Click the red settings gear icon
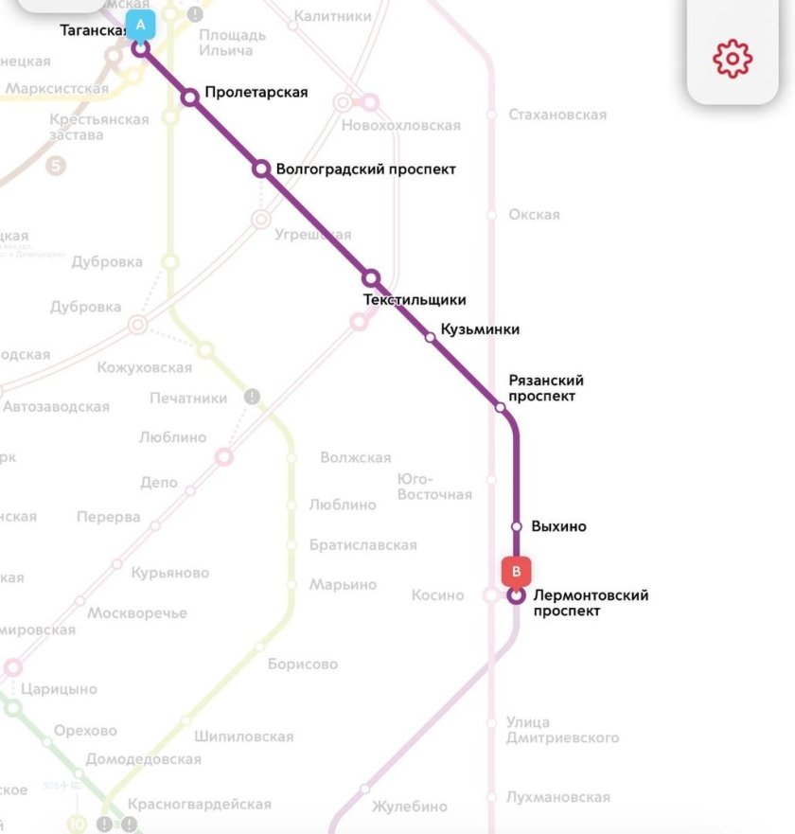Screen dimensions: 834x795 pyautogui.click(x=733, y=59)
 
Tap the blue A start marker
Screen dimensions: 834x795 pyautogui.click(x=140, y=25)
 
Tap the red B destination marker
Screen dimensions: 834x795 pyautogui.click(x=516, y=572)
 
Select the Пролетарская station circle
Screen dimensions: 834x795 pyautogui.click(x=190, y=97)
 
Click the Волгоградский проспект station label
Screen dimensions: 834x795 pyautogui.click(x=365, y=169)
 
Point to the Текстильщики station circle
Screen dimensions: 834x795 pyautogui.click(x=371, y=278)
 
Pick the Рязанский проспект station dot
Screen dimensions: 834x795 pyautogui.click(x=501, y=407)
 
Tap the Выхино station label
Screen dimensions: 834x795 pyautogui.click(x=558, y=526)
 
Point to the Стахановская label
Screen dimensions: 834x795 pyautogui.click(x=556, y=115)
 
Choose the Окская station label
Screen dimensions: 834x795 pyautogui.click(x=534, y=215)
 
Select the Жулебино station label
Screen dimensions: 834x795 pyautogui.click(x=409, y=807)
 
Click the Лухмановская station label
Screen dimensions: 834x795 pyautogui.click(x=557, y=797)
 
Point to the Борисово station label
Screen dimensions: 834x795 pyautogui.click(x=302, y=664)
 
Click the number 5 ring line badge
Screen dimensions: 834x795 pyautogui.click(x=56, y=167)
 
